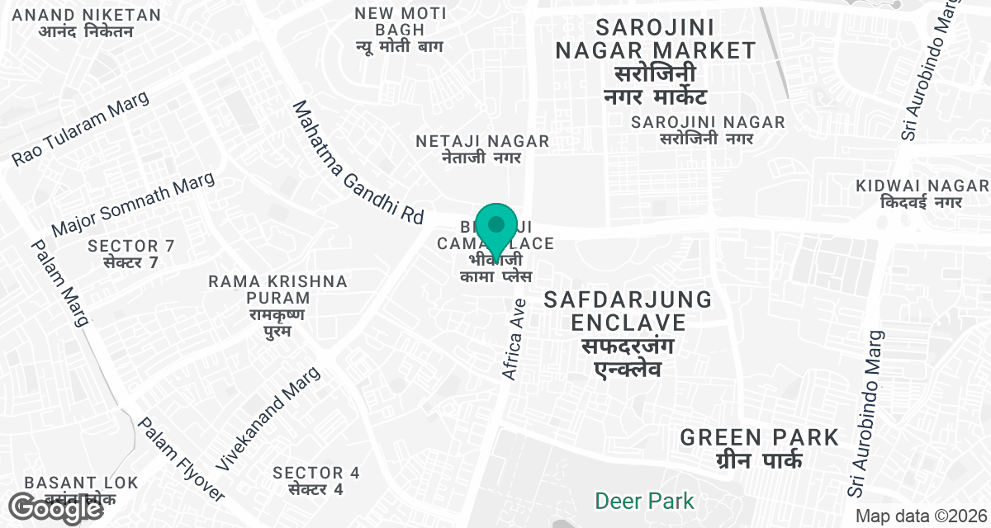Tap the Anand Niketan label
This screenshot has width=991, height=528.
88,23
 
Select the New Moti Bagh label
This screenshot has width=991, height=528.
400,30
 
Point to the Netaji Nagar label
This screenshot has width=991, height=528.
482,148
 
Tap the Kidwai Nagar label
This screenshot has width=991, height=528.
922,193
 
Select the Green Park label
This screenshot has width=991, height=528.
759,447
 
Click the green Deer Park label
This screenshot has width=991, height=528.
645,500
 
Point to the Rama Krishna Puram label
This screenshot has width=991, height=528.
277,306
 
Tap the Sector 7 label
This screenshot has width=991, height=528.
131,253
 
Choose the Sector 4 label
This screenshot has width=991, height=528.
316,480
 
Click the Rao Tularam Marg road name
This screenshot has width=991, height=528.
81,128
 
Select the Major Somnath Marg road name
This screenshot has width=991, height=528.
133,205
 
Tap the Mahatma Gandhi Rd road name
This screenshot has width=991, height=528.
358,163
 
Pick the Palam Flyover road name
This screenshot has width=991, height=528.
180,459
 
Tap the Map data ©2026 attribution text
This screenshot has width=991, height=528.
921,516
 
